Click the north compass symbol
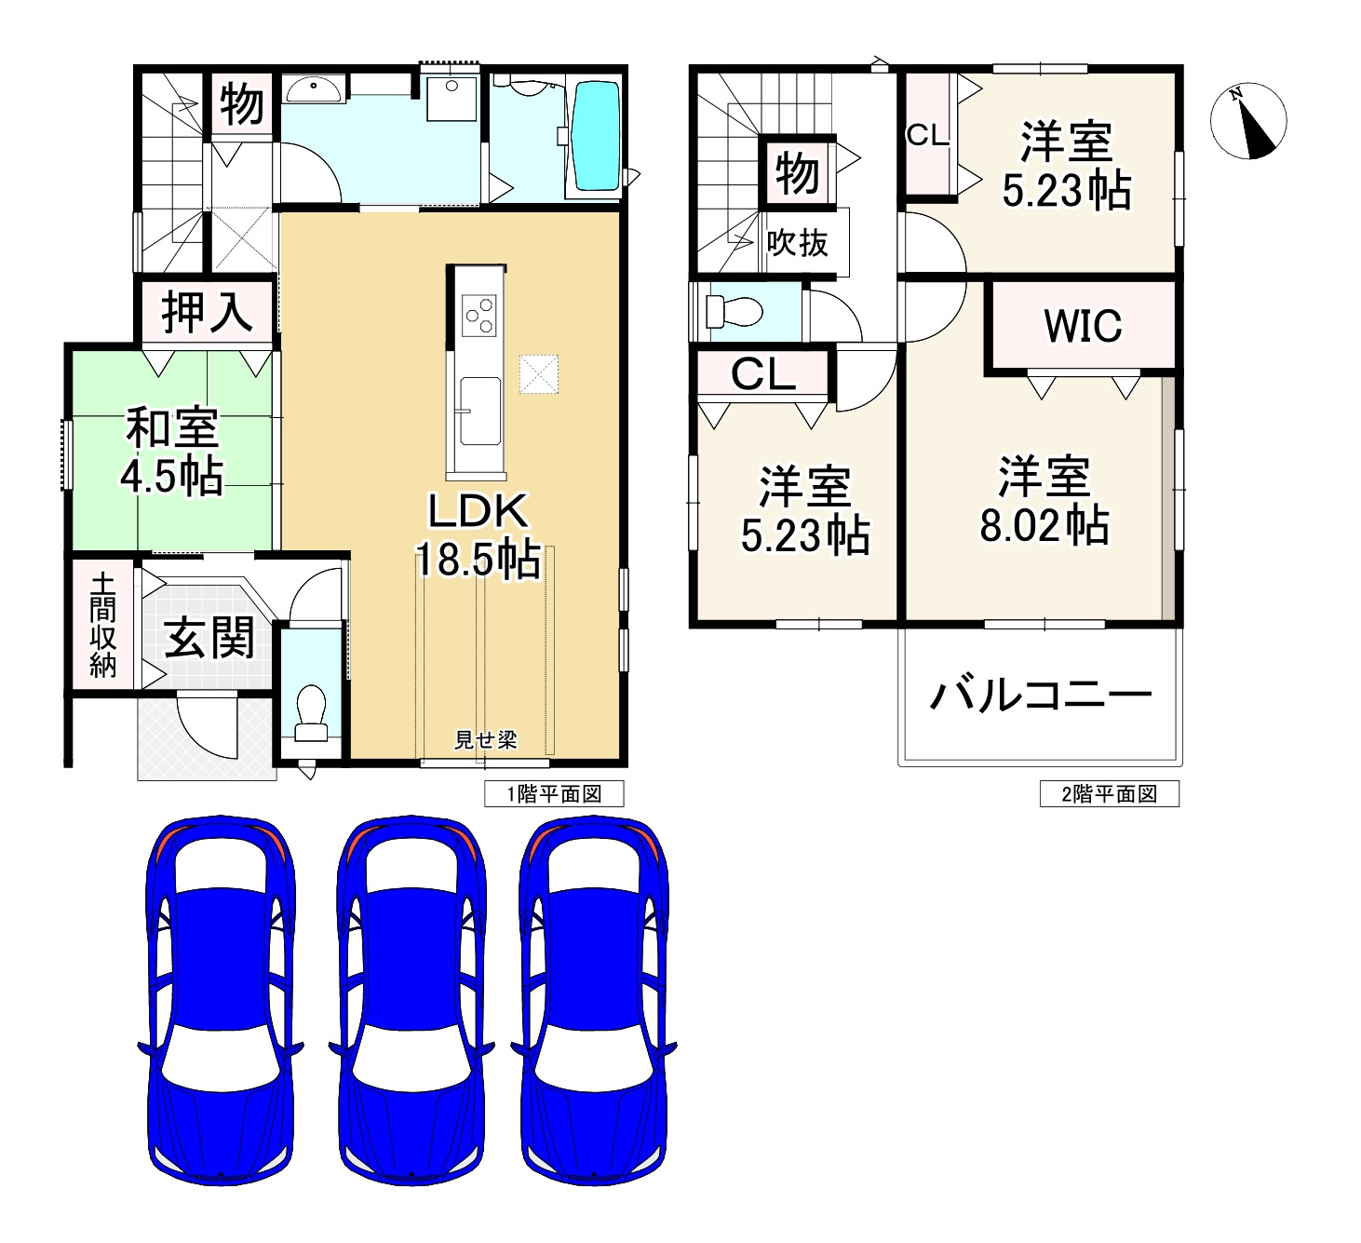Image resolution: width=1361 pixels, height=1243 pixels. [1248, 121]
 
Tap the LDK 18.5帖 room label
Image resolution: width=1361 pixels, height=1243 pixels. [478, 537]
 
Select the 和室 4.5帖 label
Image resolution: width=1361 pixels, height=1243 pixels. [172, 453]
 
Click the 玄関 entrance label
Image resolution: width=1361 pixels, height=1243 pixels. [209, 639]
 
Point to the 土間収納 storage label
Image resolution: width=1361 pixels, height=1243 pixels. [102, 625]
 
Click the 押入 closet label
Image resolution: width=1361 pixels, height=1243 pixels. [206, 312]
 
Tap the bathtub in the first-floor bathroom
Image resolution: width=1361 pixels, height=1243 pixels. [596, 134]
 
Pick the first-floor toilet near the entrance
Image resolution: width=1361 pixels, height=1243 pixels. [310, 712]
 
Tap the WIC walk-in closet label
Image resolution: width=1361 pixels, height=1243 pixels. [1083, 326]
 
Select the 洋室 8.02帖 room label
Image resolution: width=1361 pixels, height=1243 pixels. [1044, 501]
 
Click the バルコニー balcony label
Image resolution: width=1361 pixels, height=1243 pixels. [1041, 695]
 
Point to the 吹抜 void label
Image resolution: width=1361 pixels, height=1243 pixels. [798, 244]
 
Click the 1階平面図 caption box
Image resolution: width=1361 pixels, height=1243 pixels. [554, 794]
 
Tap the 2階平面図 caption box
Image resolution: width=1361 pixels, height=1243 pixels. [1109, 794]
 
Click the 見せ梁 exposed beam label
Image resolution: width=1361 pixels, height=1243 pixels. [485, 740]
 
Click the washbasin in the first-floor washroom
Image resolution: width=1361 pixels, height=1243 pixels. [313, 89]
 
